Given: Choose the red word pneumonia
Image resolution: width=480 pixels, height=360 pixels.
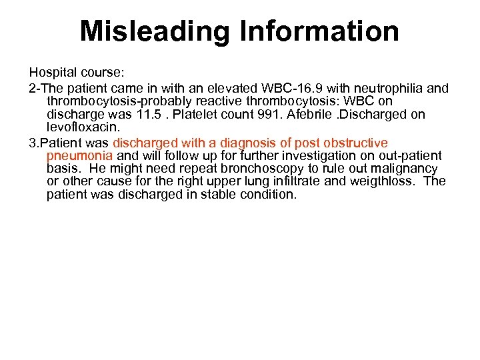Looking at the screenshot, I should [79, 155].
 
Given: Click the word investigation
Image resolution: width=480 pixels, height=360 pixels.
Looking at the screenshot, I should [314, 155].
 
